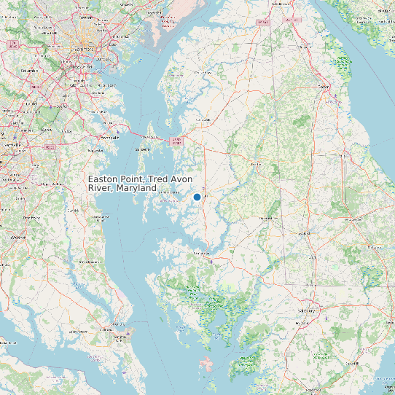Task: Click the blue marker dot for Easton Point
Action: coord(197,197)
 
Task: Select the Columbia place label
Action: coord(30,71)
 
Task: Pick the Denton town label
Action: coord(255,164)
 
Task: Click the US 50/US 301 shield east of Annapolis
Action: coord(175,139)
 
